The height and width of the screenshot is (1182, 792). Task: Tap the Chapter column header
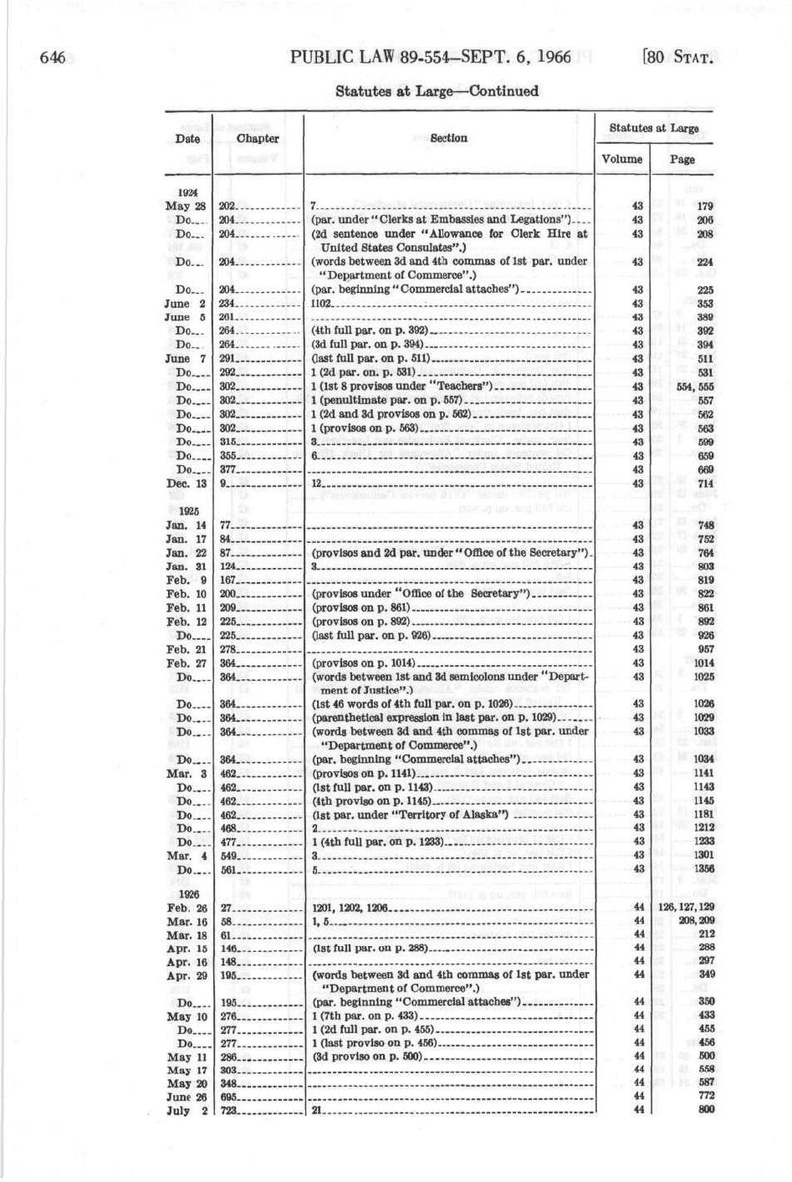[x=258, y=139]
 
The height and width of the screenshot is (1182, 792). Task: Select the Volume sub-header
[x=622, y=159]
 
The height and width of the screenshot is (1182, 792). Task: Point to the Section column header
[x=449, y=138]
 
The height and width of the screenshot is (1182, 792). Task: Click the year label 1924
[x=187, y=192]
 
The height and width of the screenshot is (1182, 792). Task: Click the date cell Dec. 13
[x=187, y=484]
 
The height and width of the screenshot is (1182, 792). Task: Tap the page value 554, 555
[x=695, y=386]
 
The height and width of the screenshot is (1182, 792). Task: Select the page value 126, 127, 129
[x=687, y=907]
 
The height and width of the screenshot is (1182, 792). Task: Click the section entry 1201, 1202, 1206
[x=350, y=907]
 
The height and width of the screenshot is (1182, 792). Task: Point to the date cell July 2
[x=187, y=1111]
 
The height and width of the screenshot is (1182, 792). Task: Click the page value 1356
[x=703, y=869]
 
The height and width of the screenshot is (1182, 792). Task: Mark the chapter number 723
[x=229, y=1111]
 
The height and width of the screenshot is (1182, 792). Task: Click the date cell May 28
[x=186, y=206]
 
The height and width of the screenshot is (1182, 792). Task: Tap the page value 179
[x=704, y=206]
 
